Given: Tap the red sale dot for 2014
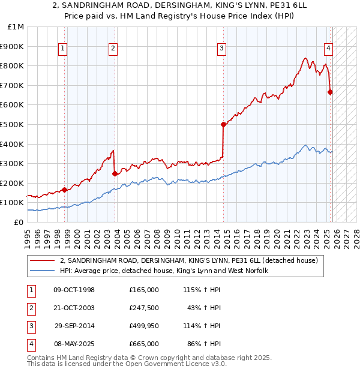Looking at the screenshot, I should click(x=223, y=125).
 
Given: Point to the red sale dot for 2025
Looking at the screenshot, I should click(x=330, y=92).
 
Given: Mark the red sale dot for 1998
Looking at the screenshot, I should click(x=65, y=190).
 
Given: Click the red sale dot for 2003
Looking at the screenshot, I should click(x=115, y=174).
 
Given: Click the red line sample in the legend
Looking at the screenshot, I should click(x=42, y=260).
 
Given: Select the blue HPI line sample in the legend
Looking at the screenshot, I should click(x=42, y=271).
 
